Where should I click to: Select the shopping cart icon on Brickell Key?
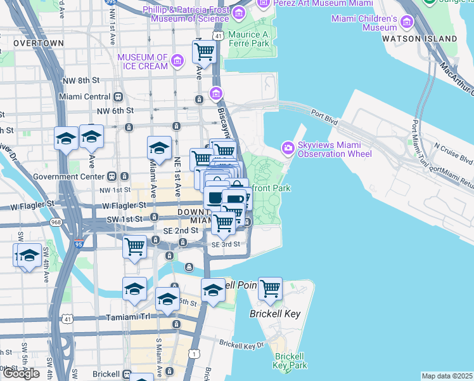point(270,288)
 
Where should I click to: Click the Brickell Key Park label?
point(290,360)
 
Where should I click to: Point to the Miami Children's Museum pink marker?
point(406,23)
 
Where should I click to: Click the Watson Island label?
point(419,39)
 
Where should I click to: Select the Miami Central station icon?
point(118,97)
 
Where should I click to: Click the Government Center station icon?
point(111,176)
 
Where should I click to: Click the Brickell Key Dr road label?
point(241,345)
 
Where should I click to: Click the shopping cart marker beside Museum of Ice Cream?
point(204,52)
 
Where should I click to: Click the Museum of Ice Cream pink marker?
point(177,62)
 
